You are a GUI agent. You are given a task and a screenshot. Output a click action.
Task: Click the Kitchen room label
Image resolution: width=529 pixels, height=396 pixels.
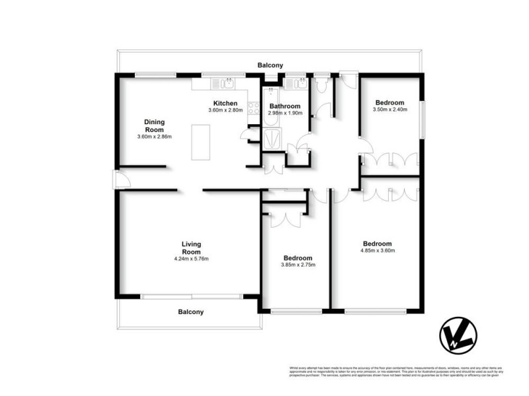pos(225,103)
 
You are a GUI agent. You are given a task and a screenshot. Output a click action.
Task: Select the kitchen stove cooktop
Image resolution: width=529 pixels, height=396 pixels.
pos(253,110)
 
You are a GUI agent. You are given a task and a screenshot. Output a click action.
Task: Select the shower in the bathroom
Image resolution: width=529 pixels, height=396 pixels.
pos(272,139)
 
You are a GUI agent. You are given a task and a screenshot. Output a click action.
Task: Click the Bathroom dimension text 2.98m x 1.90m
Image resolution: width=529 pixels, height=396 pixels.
pos(285,113)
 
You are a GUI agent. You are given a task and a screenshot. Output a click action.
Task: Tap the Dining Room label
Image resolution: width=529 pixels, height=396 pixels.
pos(154,125)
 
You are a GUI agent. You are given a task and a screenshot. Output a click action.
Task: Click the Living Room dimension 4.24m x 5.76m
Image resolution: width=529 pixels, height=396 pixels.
pos(191,259)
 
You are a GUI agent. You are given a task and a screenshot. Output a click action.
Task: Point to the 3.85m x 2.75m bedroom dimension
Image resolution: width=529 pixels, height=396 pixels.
pos(298,265)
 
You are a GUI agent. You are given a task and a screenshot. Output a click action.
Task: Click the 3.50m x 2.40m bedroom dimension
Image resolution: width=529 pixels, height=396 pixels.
pos(390,110)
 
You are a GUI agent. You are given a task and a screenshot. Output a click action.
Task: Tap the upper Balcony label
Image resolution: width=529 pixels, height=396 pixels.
pos(270,65)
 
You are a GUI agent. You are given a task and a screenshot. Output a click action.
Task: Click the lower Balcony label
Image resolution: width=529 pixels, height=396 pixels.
pos(190,312)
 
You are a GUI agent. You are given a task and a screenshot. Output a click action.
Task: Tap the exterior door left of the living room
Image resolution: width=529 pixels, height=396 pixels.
pos(116,179)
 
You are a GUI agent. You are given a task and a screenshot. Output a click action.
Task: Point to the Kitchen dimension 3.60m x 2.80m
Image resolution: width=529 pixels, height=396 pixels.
pos(225,110)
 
